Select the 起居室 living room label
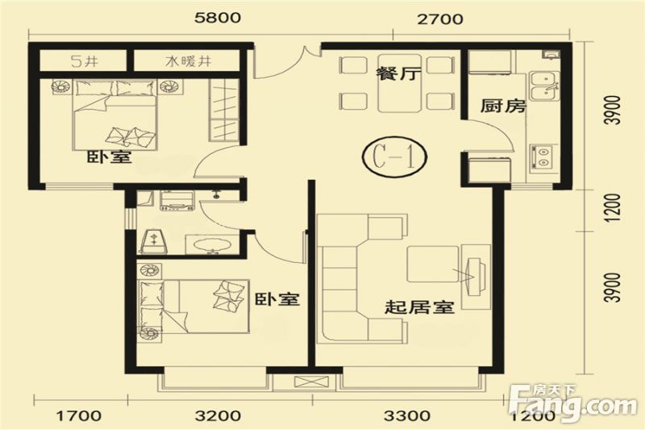point(420,307)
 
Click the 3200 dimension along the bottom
point(218,416)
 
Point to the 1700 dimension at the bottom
point(79,416)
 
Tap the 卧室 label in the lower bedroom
point(277,299)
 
